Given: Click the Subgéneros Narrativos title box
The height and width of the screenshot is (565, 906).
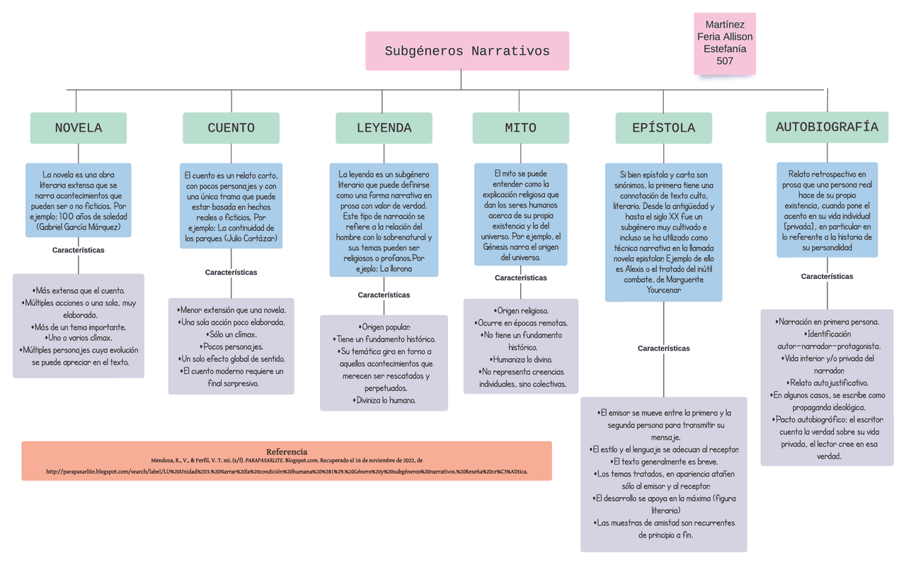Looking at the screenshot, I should coord(467,51).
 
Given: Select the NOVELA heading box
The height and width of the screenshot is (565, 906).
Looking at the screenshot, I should coord(79,128).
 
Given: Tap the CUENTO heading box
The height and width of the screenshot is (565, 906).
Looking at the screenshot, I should coord(231,128).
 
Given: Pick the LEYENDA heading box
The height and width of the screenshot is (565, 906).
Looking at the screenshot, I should coord(384,128).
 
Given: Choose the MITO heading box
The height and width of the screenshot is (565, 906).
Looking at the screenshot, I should coord(520,128).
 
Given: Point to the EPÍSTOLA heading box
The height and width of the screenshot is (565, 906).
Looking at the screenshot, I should coord(663,128).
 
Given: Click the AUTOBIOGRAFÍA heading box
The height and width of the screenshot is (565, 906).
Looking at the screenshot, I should coord(827,127).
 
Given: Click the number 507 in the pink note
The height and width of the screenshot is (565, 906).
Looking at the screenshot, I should coord(725,61).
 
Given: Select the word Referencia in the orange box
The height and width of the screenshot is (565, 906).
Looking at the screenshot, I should coord(287,452).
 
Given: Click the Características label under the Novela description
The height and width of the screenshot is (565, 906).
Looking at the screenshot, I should coord(79,250).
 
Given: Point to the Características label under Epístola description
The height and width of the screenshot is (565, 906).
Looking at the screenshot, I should coord(663,348).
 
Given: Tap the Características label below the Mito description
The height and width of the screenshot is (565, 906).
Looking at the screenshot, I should coord(520,278).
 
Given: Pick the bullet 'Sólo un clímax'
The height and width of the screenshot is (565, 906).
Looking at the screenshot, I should coord(231,334).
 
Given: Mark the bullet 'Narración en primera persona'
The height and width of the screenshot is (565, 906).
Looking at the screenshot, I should coord(827,322).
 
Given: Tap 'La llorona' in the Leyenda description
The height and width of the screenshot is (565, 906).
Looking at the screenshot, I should coord(396,269).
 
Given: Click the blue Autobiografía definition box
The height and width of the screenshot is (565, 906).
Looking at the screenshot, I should coord(827,210).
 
